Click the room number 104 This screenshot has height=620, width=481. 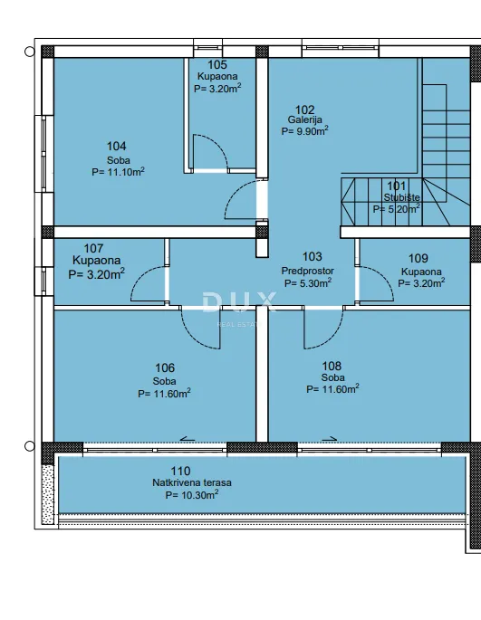coord(116,147)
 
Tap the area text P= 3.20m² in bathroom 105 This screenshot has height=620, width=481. coord(217,88)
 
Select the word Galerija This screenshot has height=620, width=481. coord(305,119)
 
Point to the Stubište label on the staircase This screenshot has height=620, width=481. coord(401,197)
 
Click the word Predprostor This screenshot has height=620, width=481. coord(308,271)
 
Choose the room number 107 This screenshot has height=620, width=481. coord(93,248)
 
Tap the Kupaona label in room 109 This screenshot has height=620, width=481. coord(421,272)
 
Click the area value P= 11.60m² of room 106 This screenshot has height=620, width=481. coord(164,394)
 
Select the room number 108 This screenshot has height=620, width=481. coord(332,366)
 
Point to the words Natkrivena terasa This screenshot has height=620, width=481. coord(192,482)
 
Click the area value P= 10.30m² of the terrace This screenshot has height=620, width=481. coord(192,495)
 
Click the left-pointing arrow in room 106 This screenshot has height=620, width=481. coord(188,439)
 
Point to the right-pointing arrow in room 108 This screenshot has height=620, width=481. coord(330,438)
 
